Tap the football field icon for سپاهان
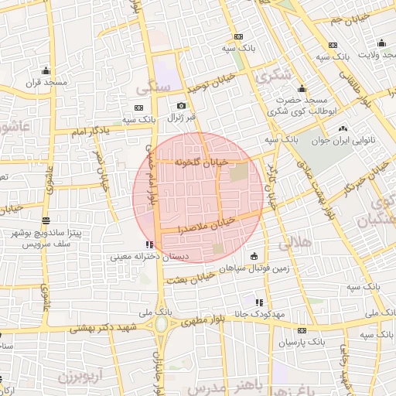[254, 256]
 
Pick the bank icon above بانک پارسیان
[302, 330]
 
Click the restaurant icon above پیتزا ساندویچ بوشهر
[46, 220]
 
